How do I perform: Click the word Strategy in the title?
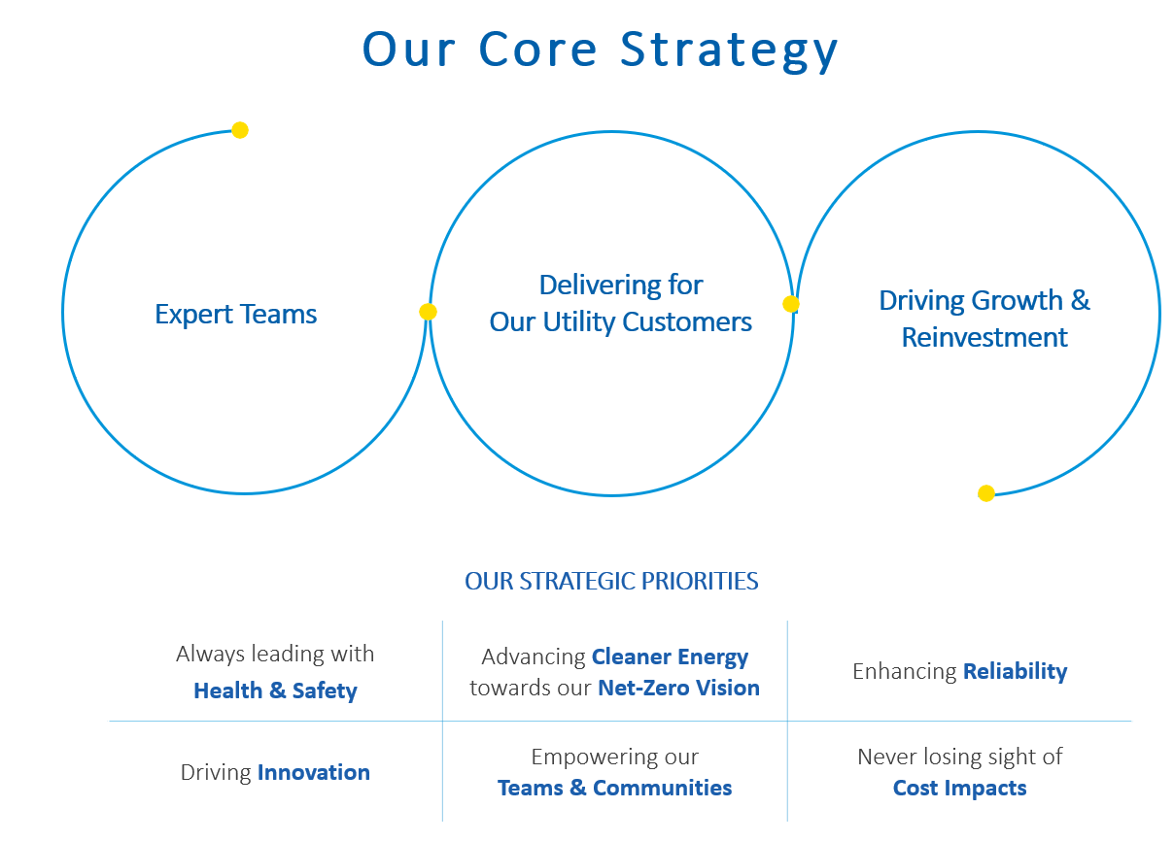729,49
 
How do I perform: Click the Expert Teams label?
236,315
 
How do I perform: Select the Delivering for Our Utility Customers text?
620,303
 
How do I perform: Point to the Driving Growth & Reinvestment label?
984,319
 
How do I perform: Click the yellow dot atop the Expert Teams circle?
240,130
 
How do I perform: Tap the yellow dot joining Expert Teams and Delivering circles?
428,312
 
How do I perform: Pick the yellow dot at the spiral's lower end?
986,493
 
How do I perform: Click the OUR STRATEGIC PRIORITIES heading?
611,582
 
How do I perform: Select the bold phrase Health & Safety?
275,691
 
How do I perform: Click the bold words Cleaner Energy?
670,657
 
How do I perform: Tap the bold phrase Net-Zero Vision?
678,689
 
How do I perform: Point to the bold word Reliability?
1015,671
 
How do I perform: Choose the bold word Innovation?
313,773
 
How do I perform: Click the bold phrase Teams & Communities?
614,788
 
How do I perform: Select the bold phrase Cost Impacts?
959,788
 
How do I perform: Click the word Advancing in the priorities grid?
534,657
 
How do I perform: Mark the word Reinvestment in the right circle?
984,338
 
